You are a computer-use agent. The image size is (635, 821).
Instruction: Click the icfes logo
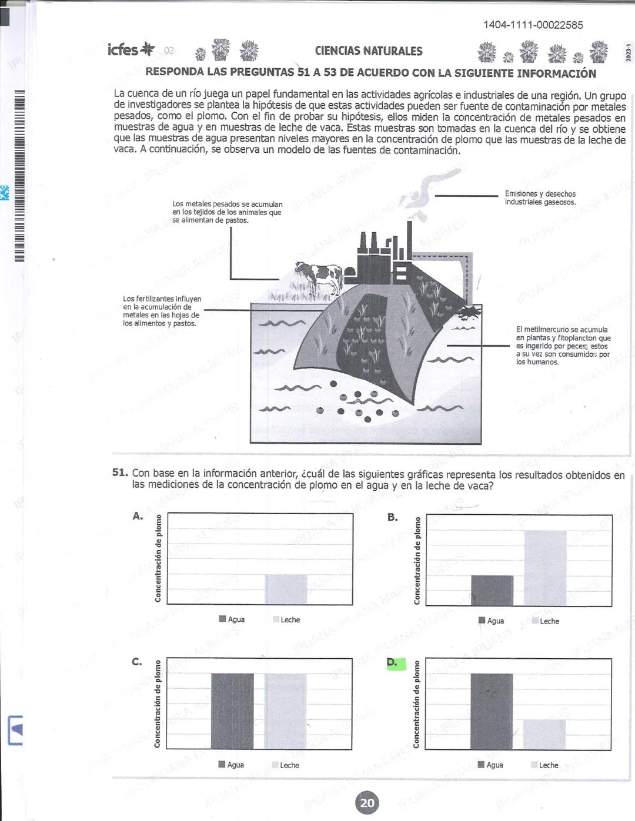131,50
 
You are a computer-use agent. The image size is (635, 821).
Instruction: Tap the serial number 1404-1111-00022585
533,25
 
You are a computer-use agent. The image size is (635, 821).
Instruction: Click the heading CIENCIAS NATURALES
368,51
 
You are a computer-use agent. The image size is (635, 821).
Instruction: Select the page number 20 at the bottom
367,803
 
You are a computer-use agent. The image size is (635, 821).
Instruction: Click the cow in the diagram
321,277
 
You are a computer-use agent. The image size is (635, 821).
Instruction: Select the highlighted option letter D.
392,663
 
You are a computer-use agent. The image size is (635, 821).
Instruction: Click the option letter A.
138,516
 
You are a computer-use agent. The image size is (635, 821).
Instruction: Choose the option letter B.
392,517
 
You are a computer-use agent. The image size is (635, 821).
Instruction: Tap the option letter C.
136,662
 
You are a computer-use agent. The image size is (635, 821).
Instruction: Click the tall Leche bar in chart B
546,568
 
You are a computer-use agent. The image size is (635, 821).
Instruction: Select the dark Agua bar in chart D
492,711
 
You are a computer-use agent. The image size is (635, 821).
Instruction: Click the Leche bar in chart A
286,589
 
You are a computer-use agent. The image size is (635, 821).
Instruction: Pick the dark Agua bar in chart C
232,711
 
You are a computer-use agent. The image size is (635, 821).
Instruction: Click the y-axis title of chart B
417,561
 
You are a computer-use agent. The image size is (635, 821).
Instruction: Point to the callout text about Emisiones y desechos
540,198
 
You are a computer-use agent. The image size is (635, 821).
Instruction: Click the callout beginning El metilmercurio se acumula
563,346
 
